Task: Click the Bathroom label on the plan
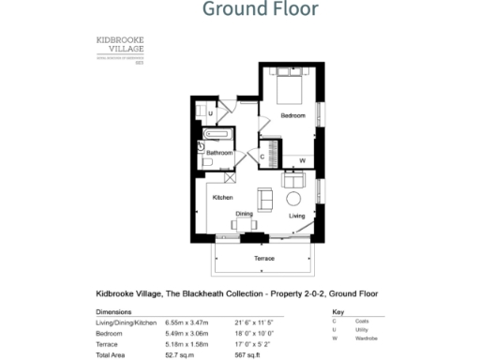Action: pos(219,152)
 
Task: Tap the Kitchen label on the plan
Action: pos(222,198)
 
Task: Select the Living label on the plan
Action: pos(296,216)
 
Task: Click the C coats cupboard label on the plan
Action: pos(262,156)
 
